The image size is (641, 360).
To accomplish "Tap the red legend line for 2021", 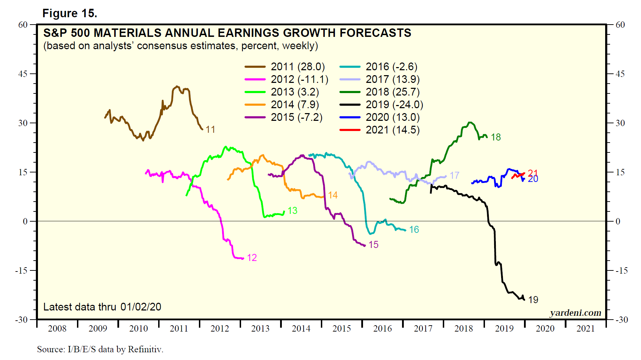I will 350,130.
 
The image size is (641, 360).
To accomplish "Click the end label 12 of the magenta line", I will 252,258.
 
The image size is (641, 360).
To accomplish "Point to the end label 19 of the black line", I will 533,300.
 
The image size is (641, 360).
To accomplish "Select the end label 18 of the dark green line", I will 496,137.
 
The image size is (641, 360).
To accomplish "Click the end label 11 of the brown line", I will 211,130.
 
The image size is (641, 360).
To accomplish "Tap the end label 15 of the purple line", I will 374,245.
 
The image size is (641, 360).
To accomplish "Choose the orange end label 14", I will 333,195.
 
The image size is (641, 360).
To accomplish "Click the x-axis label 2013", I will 260,329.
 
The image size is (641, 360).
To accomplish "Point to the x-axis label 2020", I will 545,329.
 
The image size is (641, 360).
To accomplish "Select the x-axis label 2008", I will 57,329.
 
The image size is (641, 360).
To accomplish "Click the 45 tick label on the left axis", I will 23,74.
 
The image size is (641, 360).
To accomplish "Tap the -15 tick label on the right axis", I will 621,271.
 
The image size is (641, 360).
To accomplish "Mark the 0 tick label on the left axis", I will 25,222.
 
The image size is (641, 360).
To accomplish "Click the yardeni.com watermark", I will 575,313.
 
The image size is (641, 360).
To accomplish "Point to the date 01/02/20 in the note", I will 141,307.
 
